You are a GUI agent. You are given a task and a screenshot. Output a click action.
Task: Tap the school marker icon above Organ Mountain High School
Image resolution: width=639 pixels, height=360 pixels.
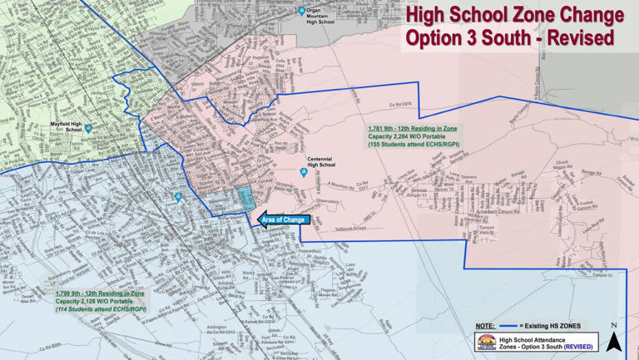pyautogui.click(x=302, y=11)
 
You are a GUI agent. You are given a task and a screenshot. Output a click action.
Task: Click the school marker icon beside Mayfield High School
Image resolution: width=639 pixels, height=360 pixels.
pyautogui.click(x=88, y=129)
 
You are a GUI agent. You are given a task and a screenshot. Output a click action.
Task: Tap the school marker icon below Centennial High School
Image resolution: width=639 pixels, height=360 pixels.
pyautogui.click(x=304, y=173)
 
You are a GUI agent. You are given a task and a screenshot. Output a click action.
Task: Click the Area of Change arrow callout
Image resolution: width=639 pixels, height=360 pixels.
pyautogui.click(x=283, y=220)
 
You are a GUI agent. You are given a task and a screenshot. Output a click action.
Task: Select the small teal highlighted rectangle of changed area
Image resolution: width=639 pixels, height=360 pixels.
pyautogui.click(x=245, y=198)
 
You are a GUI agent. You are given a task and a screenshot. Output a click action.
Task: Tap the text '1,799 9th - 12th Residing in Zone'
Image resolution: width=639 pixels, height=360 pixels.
pyautogui.click(x=100, y=293)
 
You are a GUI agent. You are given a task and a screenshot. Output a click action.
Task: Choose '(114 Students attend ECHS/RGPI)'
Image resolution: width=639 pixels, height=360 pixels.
pyautogui.click(x=100, y=308)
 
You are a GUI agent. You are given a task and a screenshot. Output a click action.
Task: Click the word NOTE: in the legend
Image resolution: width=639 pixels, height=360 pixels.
pyautogui.click(x=485, y=326)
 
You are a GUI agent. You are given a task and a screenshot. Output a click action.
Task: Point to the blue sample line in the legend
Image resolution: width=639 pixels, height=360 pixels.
pyautogui.click(x=508, y=326)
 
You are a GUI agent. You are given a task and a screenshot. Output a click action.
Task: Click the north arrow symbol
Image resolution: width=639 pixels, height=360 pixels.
pyautogui.click(x=613, y=340)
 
